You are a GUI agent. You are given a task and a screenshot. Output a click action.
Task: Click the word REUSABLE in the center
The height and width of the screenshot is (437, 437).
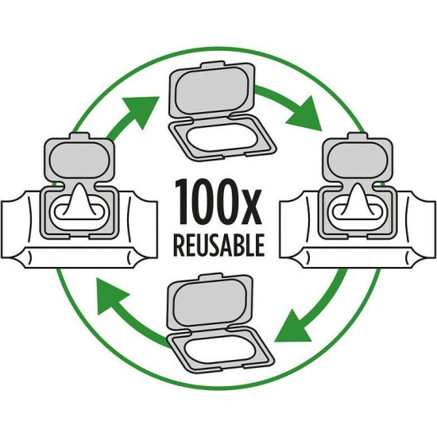coord(218,246)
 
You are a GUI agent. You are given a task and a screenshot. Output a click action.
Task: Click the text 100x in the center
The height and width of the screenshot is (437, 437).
coord(218,202)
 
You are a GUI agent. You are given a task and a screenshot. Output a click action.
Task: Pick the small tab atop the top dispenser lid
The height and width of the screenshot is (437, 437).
coord(213,65)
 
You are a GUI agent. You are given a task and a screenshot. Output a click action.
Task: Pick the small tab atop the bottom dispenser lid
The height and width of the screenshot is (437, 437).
coord(211,277)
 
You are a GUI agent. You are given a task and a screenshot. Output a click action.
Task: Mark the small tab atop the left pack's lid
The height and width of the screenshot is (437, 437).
coord(79,136)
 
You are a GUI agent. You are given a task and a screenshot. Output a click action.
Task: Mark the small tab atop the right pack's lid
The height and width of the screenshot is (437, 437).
coord(358,136)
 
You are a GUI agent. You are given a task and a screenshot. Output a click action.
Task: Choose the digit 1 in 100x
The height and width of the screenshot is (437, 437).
coord(182,202)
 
